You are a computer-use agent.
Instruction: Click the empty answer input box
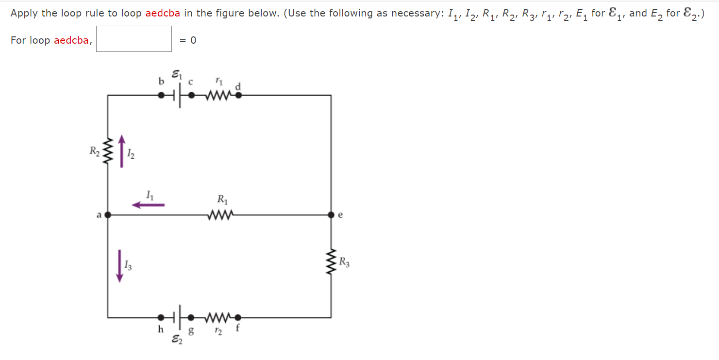point(134,39)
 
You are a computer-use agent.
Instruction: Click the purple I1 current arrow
point(148,205)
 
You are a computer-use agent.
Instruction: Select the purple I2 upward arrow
point(121,151)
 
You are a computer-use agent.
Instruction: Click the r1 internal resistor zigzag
point(215,95)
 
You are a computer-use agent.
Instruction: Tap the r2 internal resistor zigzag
point(215,318)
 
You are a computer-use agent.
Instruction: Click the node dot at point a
point(108,214)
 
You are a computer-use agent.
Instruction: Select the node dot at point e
point(331,214)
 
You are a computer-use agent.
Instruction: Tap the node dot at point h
point(161,318)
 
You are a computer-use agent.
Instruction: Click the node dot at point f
point(238,318)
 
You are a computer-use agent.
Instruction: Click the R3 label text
point(344,263)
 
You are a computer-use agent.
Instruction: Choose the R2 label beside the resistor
point(94,151)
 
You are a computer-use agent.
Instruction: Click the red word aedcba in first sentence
point(163,13)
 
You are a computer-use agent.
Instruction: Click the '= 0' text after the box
point(188,40)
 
